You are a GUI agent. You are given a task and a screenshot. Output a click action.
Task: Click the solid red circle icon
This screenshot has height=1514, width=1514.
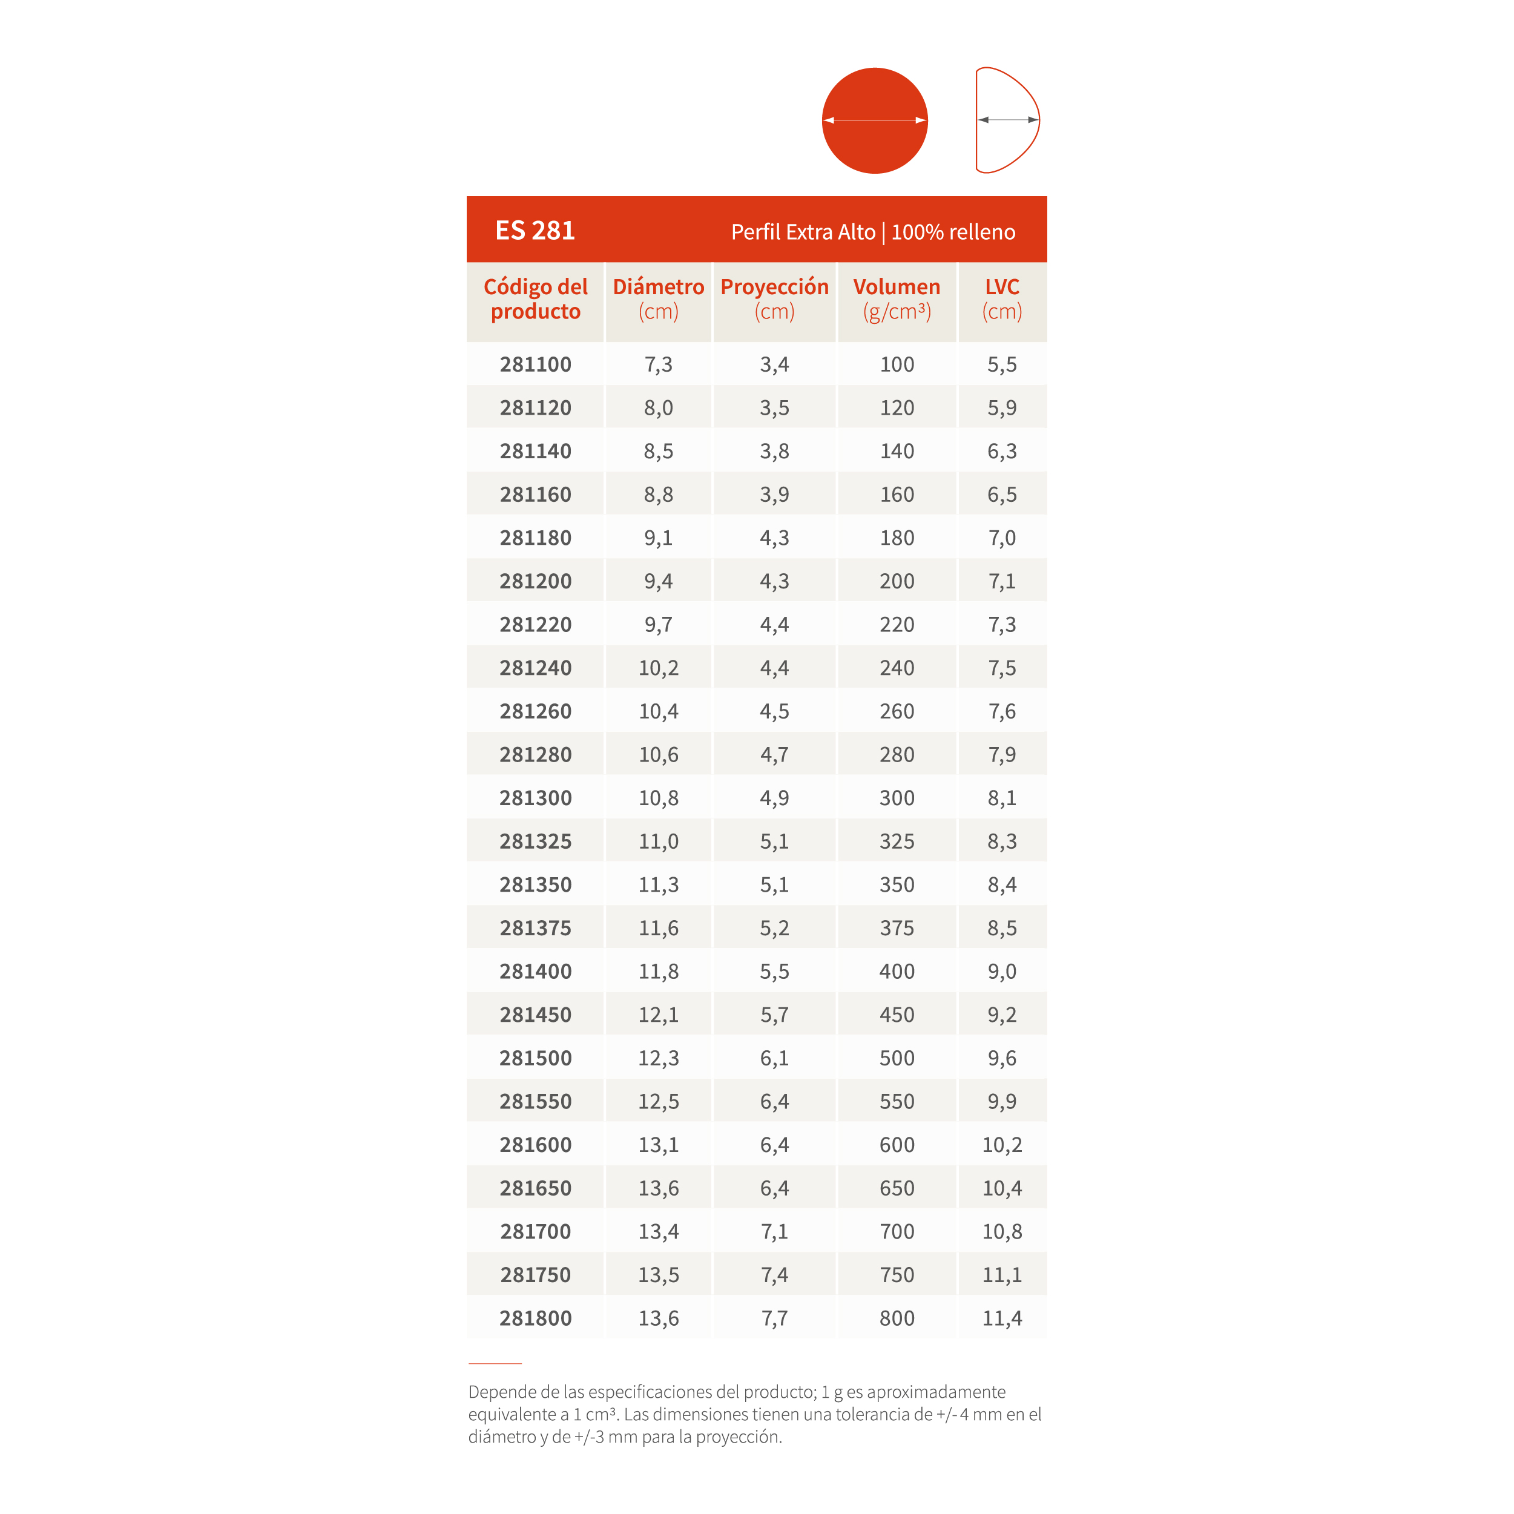pyautogui.click(x=875, y=120)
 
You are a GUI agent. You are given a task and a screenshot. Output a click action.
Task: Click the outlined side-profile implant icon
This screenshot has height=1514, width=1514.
pyautogui.click(x=1007, y=120)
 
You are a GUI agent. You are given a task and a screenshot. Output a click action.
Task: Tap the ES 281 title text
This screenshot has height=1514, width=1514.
pyautogui.click(x=535, y=231)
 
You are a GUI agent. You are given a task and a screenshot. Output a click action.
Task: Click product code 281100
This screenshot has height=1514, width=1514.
pyautogui.click(x=535, y=364)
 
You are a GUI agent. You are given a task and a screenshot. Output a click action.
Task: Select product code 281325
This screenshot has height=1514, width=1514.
pyautogui.click(x=535, y=841)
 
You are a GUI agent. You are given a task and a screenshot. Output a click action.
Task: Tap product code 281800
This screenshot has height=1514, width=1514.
pyautogui.click(x=535, y=1318)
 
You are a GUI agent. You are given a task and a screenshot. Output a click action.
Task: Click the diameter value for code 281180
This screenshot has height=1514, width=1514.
pyautogui.click(x=658, y=538)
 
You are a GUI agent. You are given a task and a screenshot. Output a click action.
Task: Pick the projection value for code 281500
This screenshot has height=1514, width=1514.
pyautogui.click(x=774, y=1058)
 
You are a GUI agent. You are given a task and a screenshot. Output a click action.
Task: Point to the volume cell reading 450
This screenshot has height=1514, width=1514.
pyautogui.click(x=897, y=1015)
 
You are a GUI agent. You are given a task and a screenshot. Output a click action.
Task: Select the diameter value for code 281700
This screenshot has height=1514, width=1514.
pyautogui.click(x=658, y=1232)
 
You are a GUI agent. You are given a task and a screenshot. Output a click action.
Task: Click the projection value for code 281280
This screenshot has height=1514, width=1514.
pyautogui.click(x=774, y=755)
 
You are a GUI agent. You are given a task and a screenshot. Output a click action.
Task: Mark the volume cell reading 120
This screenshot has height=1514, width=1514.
pyautogui.click(x=897, y=408)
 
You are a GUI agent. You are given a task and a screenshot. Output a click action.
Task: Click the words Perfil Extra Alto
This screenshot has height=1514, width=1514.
pyautogui.click(x=803, y=232)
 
